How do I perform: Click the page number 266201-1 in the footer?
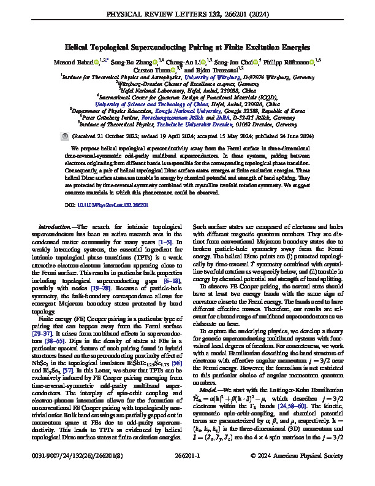point(187,473)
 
